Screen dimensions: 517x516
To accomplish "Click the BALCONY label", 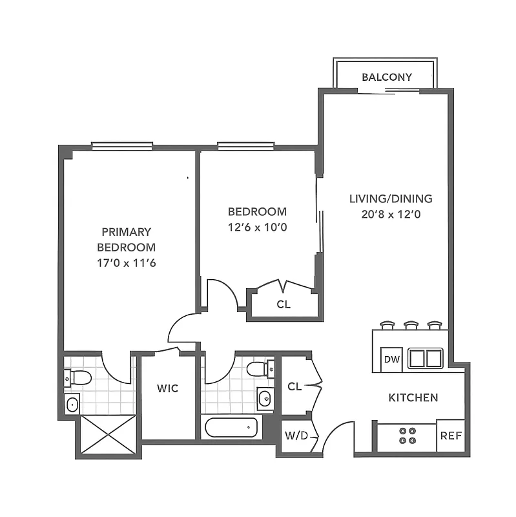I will (386, 77).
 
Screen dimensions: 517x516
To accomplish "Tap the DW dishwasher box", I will (392, 359).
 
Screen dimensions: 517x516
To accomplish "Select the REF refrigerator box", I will (451, 436).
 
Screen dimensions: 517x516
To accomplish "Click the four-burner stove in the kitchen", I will (407, 436).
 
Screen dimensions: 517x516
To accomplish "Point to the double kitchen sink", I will (424, 358).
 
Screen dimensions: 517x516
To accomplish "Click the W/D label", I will (293, 436).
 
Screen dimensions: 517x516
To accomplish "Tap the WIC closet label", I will (167, 388).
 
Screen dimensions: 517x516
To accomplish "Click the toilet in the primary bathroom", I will (79, 377).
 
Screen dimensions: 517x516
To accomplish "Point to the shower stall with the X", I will (107, 435).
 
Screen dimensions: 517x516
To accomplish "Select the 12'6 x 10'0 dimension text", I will (257, 227).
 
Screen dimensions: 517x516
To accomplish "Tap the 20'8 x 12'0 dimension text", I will (391, 215).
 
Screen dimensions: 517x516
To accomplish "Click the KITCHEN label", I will (413, 397).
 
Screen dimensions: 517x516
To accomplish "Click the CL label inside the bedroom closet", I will (283, 304).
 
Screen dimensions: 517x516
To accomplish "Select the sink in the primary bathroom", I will (72, 405).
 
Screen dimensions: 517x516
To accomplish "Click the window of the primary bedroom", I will (122, 145).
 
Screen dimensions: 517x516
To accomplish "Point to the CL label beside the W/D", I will (294, 386).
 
